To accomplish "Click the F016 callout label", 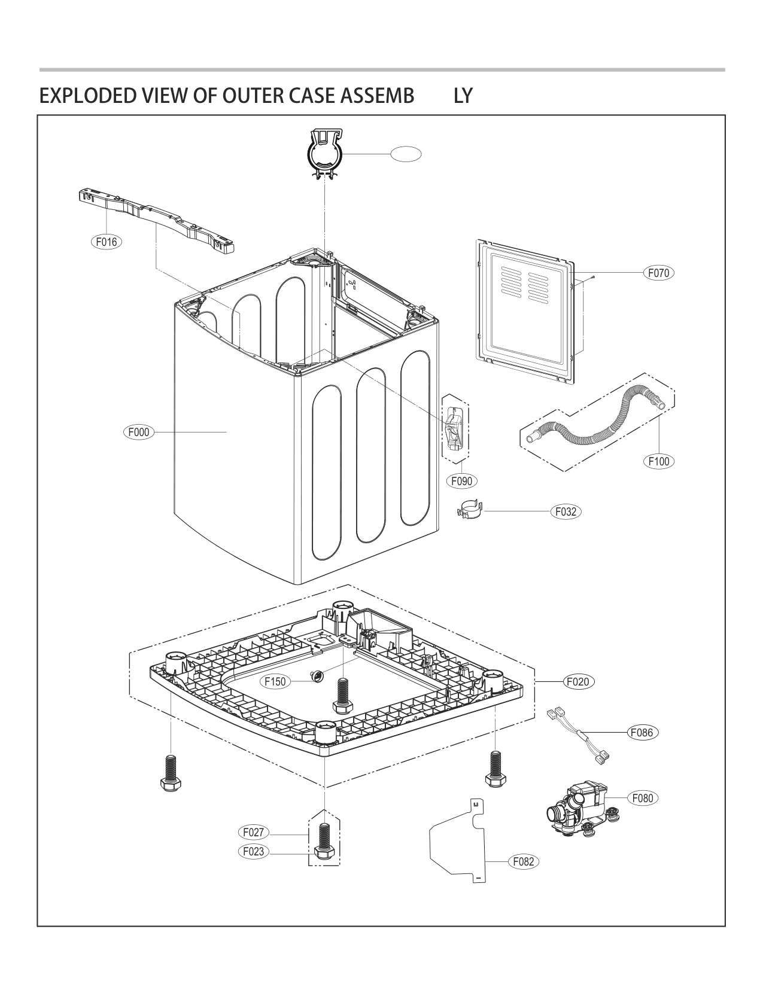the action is tap(107, 242).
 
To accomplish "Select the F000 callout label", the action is tap(139, 431).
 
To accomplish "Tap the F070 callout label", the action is tap(658, 273).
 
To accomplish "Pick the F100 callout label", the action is tap(658, 461).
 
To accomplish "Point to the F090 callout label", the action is tap(462, 481).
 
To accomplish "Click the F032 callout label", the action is tap(566, 511).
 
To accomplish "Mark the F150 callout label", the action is tap(275, 681).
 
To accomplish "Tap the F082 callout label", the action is tap(524, 861).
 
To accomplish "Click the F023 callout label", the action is tap(254, 851).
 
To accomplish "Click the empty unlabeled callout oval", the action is tap(406, 154).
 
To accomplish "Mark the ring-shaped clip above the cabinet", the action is tap(324, 154).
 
